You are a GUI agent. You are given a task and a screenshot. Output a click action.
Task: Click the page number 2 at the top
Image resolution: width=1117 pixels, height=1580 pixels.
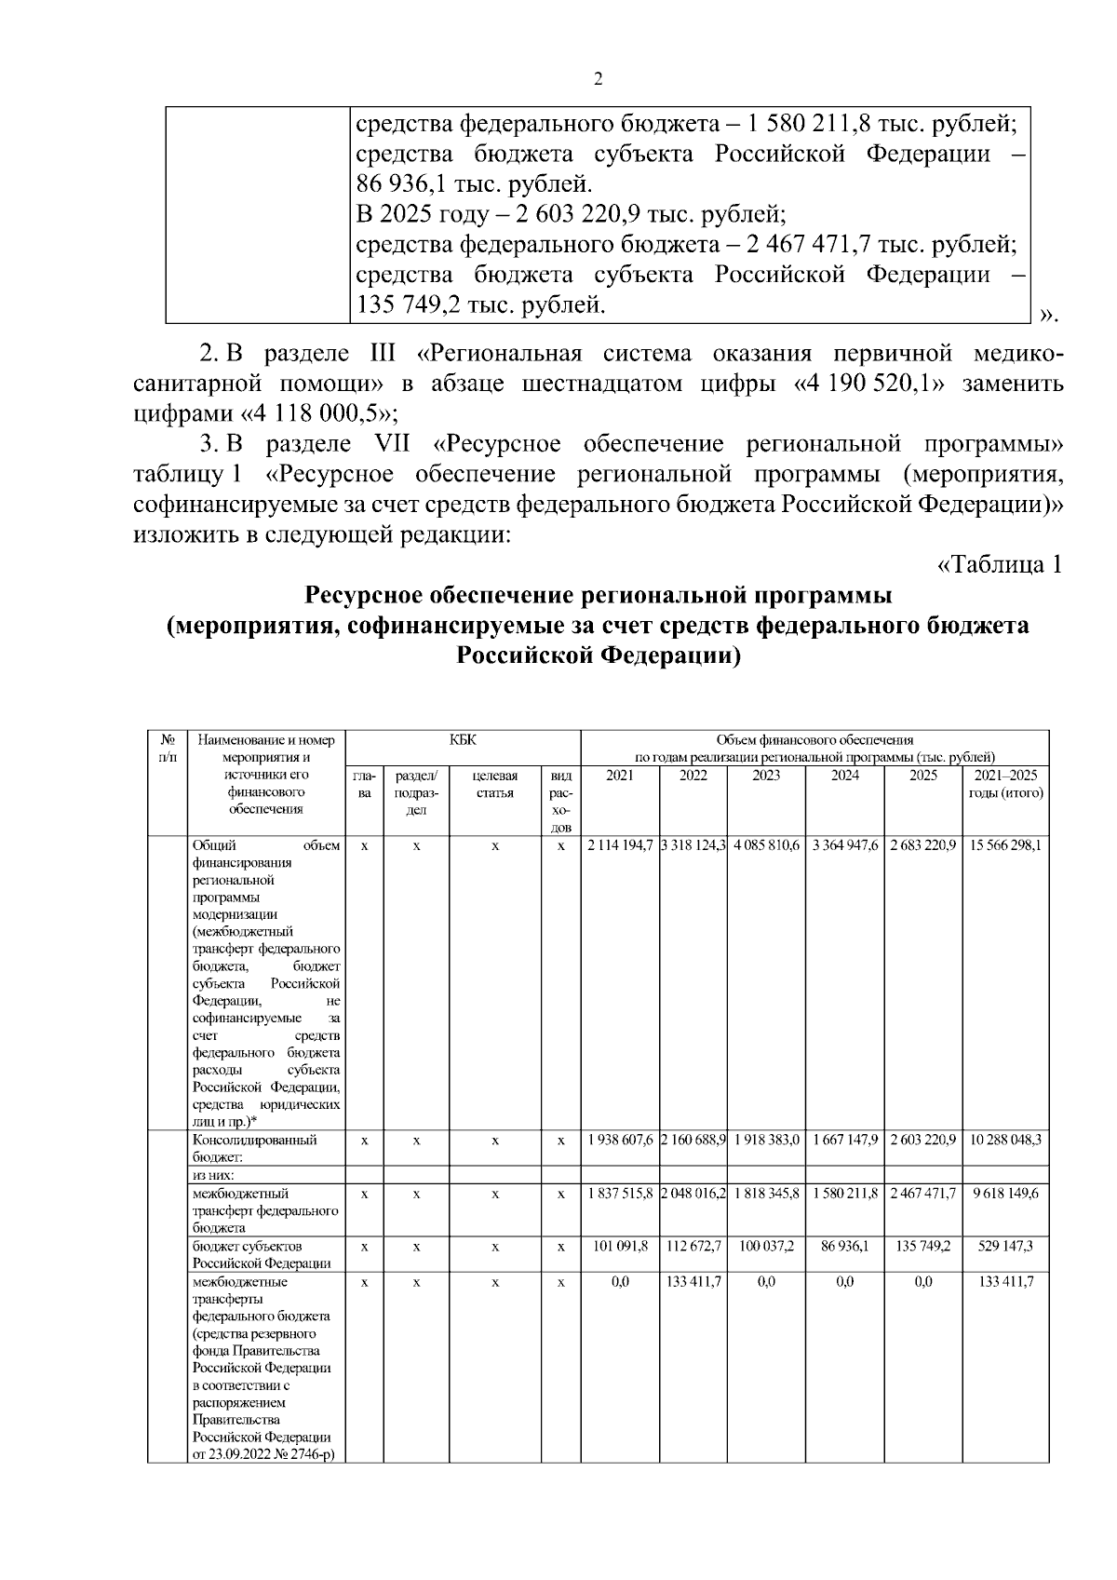(598, 80)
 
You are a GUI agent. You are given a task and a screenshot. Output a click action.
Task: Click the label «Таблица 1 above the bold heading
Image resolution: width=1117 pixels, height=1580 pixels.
(999, 565)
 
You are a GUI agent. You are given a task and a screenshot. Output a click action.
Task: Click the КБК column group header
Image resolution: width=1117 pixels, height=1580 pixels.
(462, 740)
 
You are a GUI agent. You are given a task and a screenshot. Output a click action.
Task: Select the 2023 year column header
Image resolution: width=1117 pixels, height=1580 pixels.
(766, 776)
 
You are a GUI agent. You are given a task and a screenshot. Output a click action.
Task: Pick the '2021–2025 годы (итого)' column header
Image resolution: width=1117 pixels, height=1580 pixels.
(1005, 784)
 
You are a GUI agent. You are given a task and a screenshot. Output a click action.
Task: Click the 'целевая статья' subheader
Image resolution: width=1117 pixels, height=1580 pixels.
(495, 784)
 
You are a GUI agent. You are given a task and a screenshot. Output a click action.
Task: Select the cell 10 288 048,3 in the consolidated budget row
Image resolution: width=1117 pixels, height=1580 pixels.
(1005, 1140)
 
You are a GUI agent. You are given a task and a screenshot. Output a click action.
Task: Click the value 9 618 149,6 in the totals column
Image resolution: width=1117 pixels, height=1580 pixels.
(1005, 1193)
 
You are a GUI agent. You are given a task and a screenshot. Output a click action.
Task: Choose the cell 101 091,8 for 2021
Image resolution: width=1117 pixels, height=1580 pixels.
(620, 1246)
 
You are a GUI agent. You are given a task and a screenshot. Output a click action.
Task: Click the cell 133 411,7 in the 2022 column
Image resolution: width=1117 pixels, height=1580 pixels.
(693, 1281)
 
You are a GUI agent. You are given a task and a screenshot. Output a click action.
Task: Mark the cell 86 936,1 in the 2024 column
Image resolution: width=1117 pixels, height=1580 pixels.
(844, 1246)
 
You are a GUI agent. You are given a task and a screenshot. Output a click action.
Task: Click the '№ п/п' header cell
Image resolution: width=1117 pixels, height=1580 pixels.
(168, 749)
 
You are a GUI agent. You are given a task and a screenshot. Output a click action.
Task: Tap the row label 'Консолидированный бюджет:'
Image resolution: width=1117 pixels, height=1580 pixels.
(254, 1148)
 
